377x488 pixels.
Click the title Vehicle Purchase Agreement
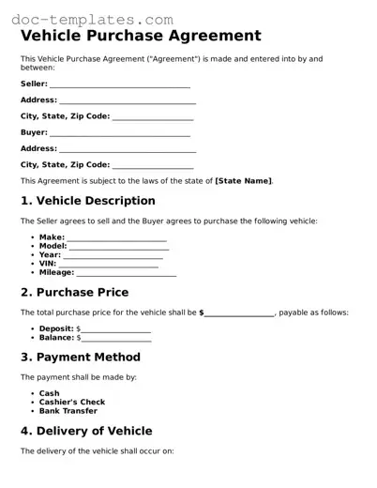pyautogui.click(x=141, y=37)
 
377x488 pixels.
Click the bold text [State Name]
pyautogui.click(x=243, y=180)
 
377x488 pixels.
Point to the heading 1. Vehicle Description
pyautogui.click(x=87, y=201)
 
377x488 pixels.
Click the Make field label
pyautogui.click(x=52, y=237)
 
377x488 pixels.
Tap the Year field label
pyautogui.click(x=50, y=255)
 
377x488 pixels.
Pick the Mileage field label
pyautogui.click(x=56, y=273)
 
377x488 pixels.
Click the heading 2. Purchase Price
pyautogui.click(x=74, y=292)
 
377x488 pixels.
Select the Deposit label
pyautogui.click(x=56, y=328)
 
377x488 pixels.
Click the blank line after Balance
pyautogui.click(x=115, y=338)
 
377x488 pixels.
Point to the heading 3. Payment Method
pyautogui.click(x=80, y=357)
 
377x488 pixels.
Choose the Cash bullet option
pyautogui.click(x=49, y=393)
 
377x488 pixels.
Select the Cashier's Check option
pyautogui.click(x=71, y=403)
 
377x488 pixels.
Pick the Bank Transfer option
pyautogui.click(x=68, y=411)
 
